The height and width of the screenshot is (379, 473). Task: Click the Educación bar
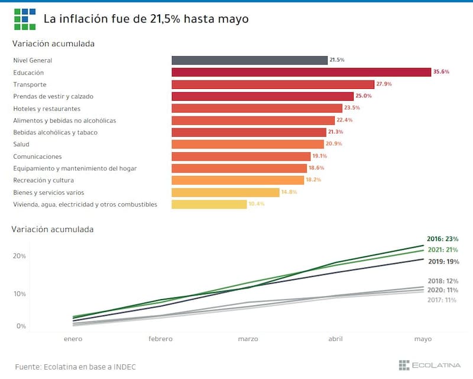(x=301, y=72)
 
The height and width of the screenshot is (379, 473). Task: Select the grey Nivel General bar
(x=250, y=60)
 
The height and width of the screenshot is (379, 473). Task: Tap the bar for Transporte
(x=273, y=84)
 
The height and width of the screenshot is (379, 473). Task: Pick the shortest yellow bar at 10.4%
(x=209, y=204)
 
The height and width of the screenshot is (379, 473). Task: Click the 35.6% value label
(x=441, y=72)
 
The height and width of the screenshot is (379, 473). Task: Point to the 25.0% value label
(x=363, y=96)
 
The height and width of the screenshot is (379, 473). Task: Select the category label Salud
(x=21, y=144)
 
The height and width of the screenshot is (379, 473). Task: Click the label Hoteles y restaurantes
(x=47, y=108)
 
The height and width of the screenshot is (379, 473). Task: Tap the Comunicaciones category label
(x=37, y=156)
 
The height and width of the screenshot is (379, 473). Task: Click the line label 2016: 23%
(x=443, y=239)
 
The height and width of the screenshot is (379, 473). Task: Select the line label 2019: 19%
(x=443, y=261)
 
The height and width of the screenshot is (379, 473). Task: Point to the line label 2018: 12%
(x=443, y=281)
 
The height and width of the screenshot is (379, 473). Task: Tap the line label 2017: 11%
(x=443, y=300)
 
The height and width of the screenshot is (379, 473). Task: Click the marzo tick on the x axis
(x=248, y=339)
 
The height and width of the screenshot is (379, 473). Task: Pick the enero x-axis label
(x=73, y=339)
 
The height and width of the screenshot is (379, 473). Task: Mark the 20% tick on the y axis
(x=20, y=256)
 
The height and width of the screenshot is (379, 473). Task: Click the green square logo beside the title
(x=25, y=19)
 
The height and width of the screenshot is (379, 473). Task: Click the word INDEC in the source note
(x=124, y=367)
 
